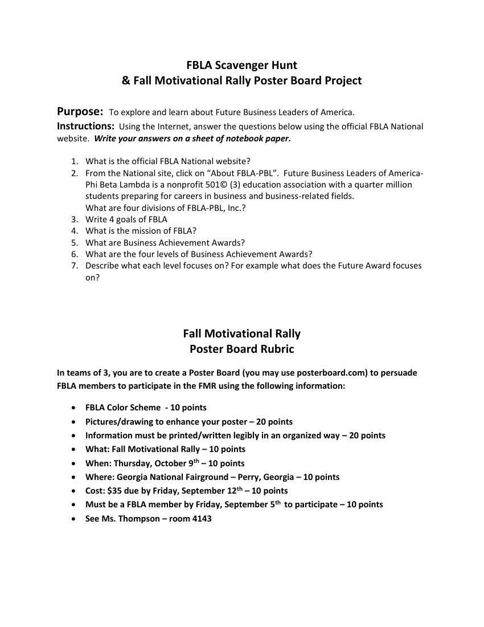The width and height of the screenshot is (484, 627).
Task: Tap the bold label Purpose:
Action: point(80,111)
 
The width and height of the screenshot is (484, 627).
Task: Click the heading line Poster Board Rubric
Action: point(241,349)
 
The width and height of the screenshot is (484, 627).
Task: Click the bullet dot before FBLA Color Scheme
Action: point(74,408)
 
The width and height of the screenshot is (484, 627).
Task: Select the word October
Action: point(170,463)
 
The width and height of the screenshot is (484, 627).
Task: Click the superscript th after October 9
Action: point(196,461)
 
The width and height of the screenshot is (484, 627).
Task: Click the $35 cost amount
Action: point(114,491)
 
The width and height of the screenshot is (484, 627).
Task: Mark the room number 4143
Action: point(202,519)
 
